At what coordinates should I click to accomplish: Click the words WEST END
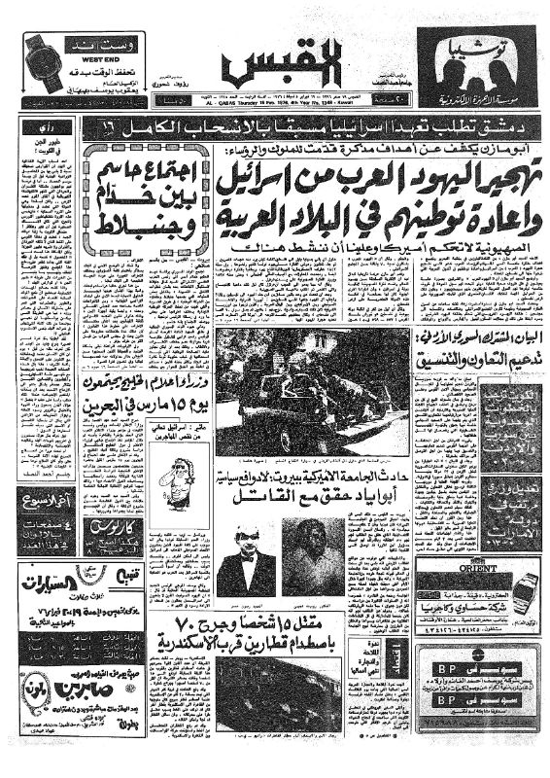tap(80, 55)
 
